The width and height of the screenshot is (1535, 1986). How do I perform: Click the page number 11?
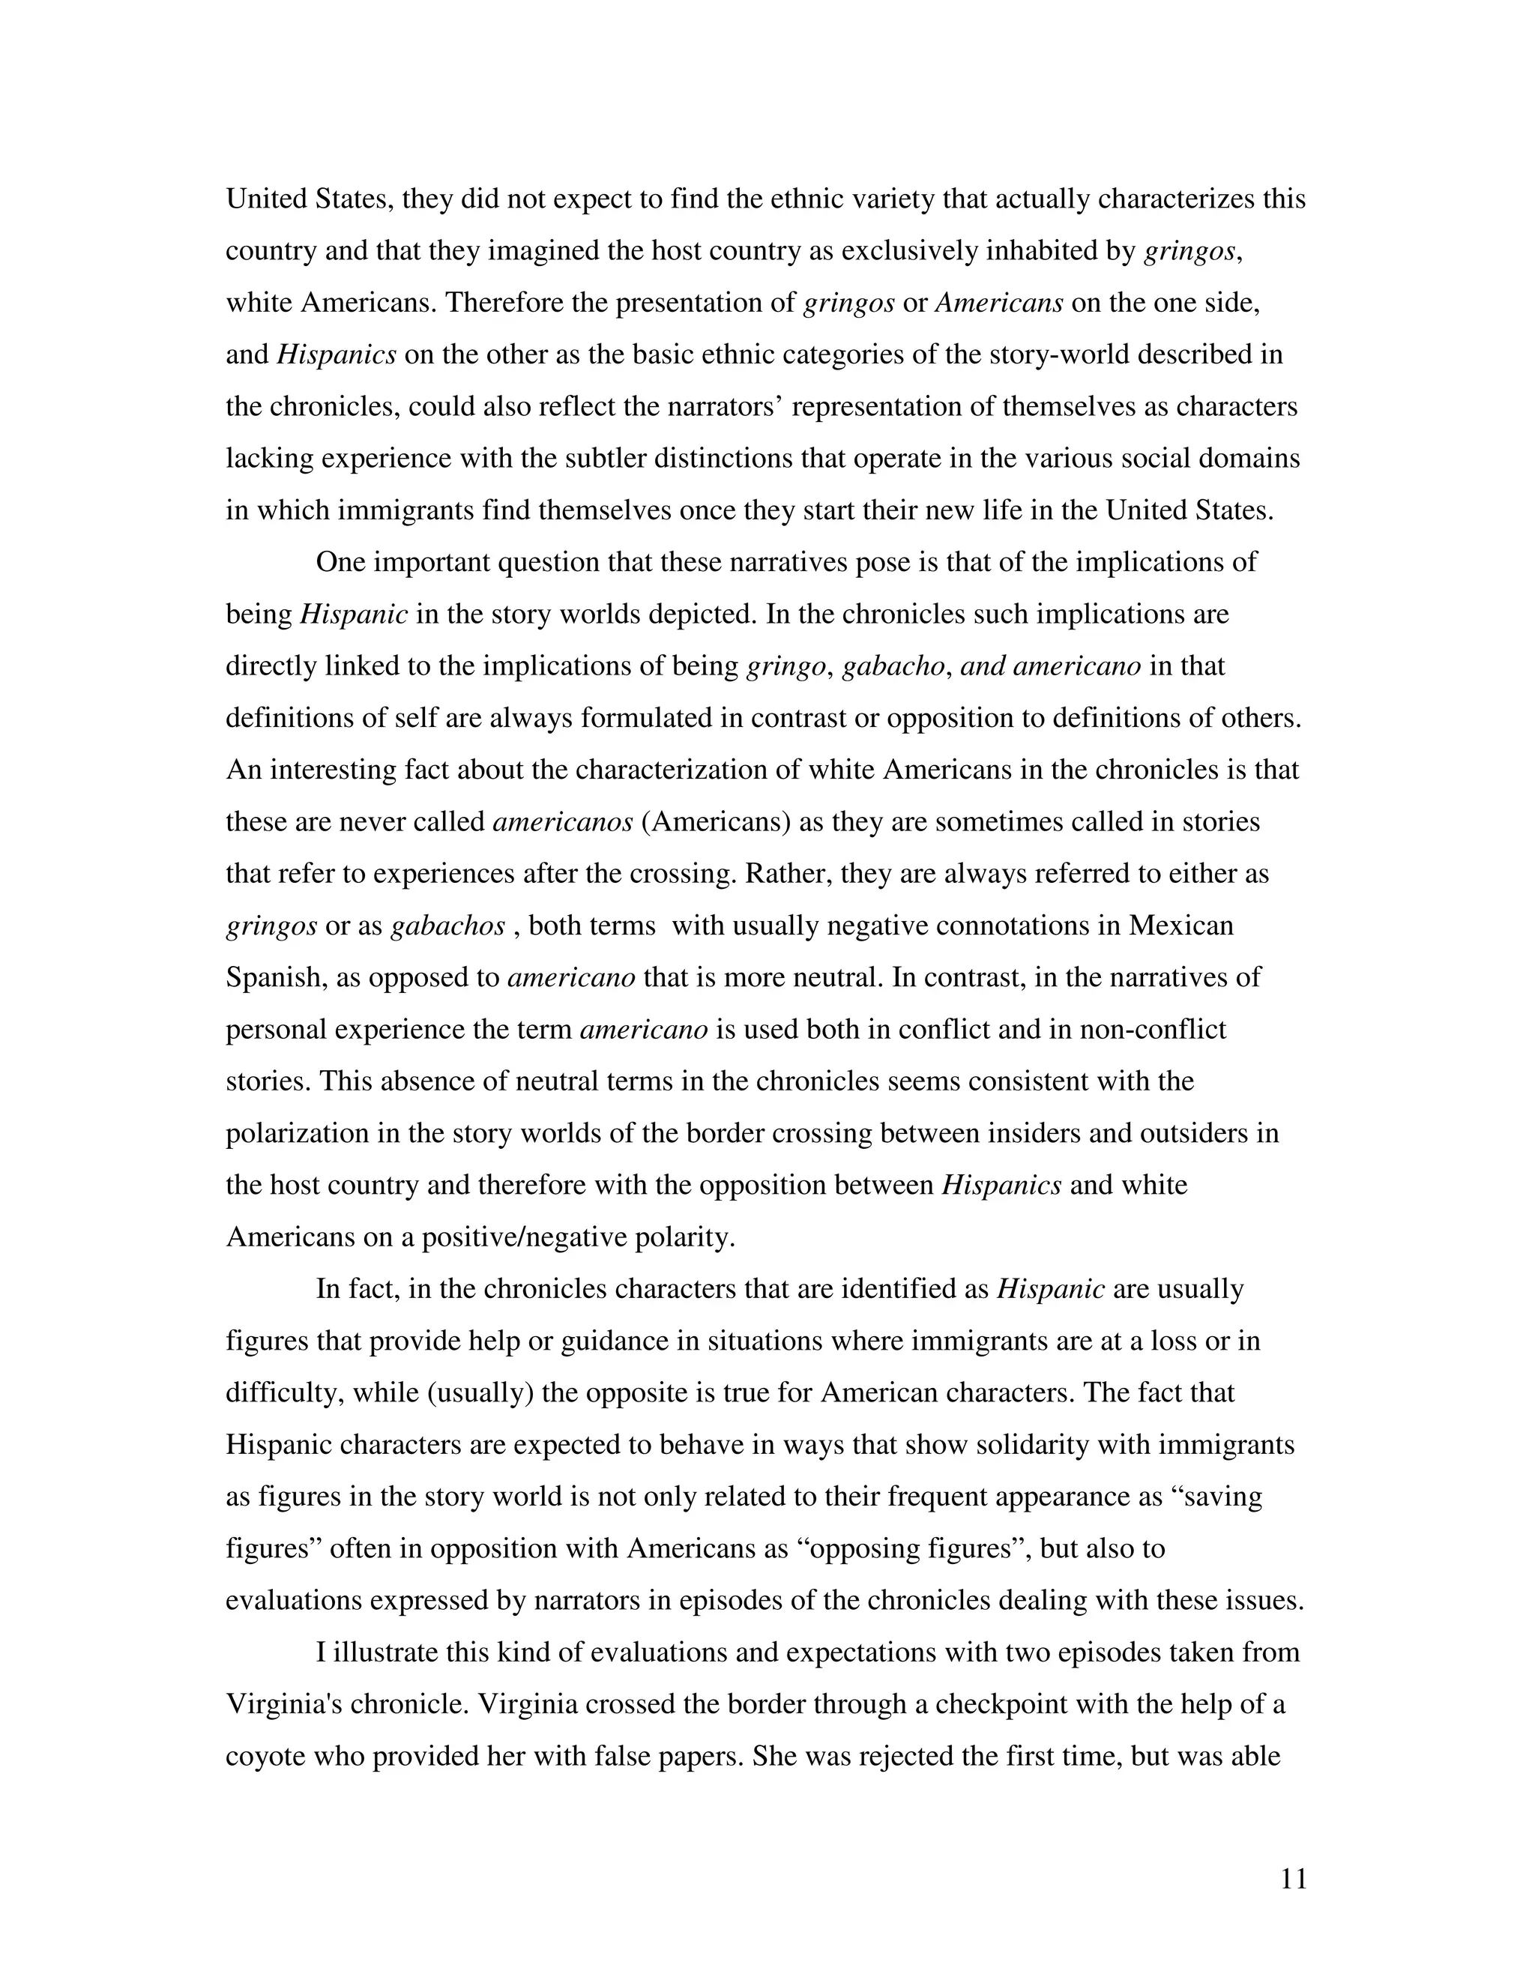click(x=1293, y=1880)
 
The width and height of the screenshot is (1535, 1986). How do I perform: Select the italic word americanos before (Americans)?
click(x=562, y=822)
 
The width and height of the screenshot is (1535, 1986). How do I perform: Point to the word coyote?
click(x=265, y=1756)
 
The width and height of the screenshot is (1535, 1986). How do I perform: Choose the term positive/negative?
click(x=512, y=1237)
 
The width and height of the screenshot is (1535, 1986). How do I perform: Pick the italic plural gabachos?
click(x=447, y=926)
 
